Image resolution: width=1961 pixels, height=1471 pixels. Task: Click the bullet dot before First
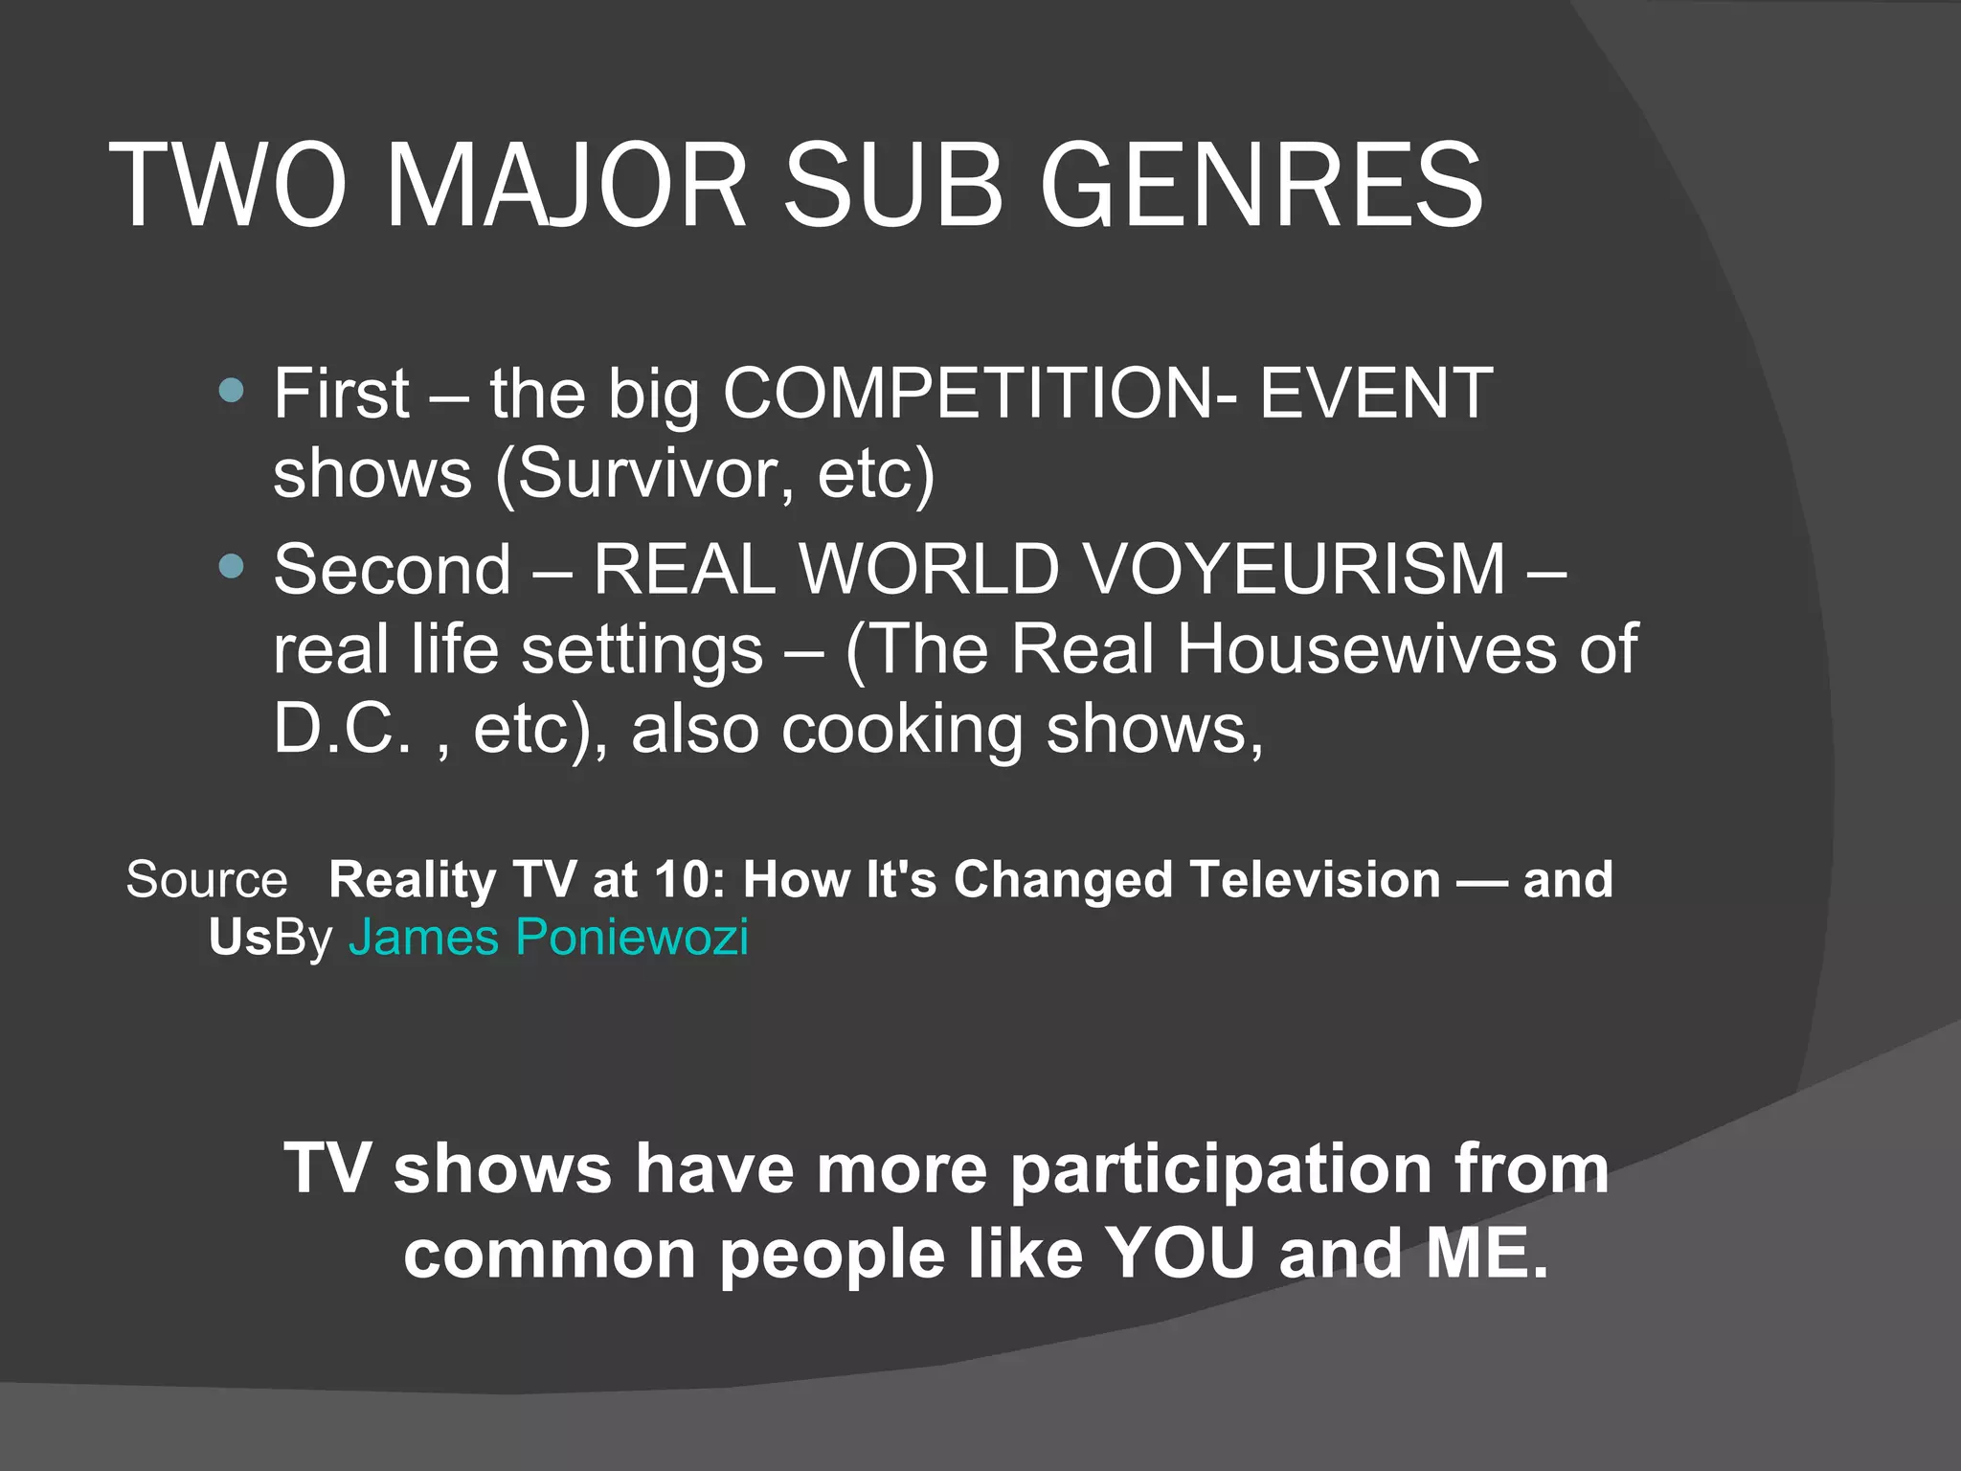pos(231,391)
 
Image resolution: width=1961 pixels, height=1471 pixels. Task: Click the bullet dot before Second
pos(231,567)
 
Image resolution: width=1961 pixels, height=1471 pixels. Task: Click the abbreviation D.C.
pos(342,730)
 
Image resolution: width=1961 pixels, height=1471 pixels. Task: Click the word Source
pos(206,879)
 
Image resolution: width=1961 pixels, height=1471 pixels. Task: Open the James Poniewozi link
pos(548,937)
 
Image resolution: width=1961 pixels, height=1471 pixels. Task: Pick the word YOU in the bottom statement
pos(1179,1254)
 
